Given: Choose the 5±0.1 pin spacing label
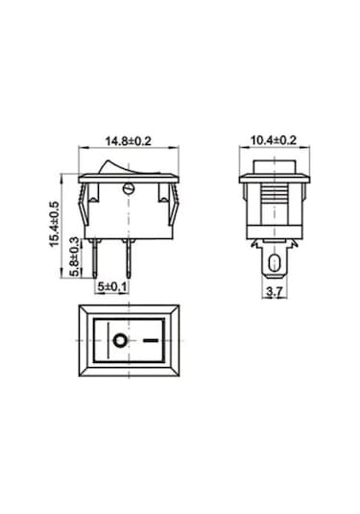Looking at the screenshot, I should coord(111,286).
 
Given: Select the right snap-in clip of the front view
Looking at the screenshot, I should coord(171,205).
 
